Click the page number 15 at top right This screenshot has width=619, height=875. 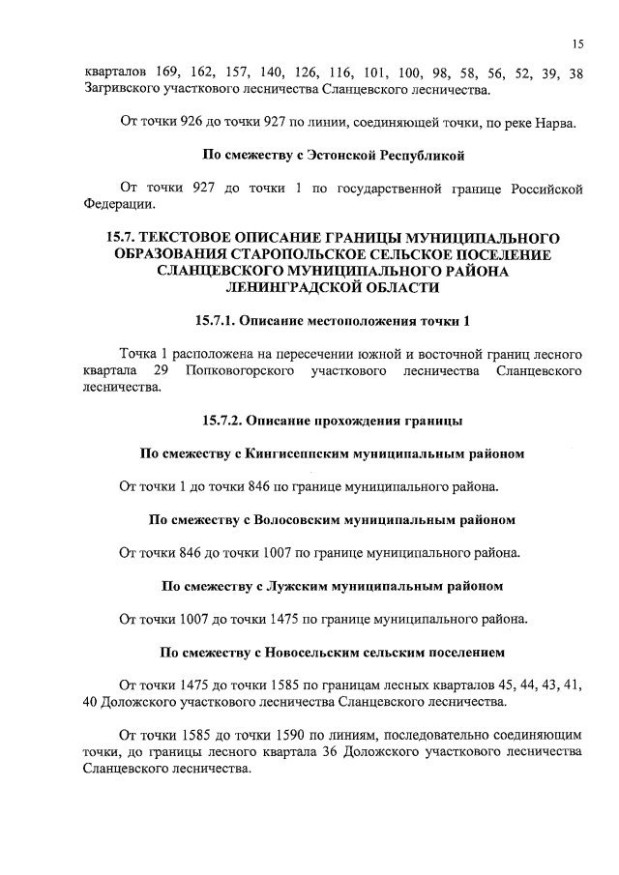coord(576,44)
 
